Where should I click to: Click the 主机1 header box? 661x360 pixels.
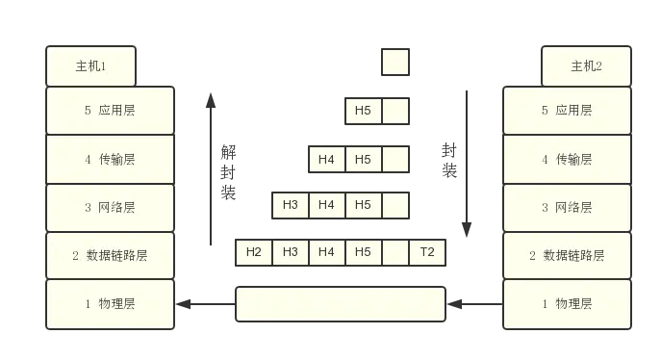pyautogui.click(x=90, y=66)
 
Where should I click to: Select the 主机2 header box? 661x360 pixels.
pyautogui.click(x=586, y=66)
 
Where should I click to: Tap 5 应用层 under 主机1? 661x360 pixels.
pyautogui.click(x=111, y=110)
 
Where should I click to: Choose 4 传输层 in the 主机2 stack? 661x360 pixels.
pyautogui.click(x=567, y=159)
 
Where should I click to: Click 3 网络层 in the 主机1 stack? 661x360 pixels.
pyautogui.click(x=111, y=207)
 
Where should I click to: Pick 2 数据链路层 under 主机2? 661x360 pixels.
pyautogui.click(x=567, y=255)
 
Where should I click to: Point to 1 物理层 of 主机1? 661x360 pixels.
pyautogui.click(x=111, y=304)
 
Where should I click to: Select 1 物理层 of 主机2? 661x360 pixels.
pyautogui.click(x=567, y=304)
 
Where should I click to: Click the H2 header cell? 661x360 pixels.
pyautogui.click(x=254, y=253)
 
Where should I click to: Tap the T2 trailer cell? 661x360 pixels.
pyautogui.click(x=427, y=253)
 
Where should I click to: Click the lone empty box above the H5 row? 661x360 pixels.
pyautogui.click(x=395, y=64)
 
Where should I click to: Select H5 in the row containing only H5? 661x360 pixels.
pyautogui.click(x=363, y=111)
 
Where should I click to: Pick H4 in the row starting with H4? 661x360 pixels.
pyautogui.click(x=326, y=159)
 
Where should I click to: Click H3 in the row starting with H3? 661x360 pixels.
pyautogui.click(x=291, y=205)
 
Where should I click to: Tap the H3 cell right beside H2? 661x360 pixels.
pyautogui.click(x=291, y=253)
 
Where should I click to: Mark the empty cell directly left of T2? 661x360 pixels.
pyautogui.click(x=395, y=253)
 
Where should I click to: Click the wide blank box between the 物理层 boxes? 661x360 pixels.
pyautogui.click(x=341, y=304)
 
